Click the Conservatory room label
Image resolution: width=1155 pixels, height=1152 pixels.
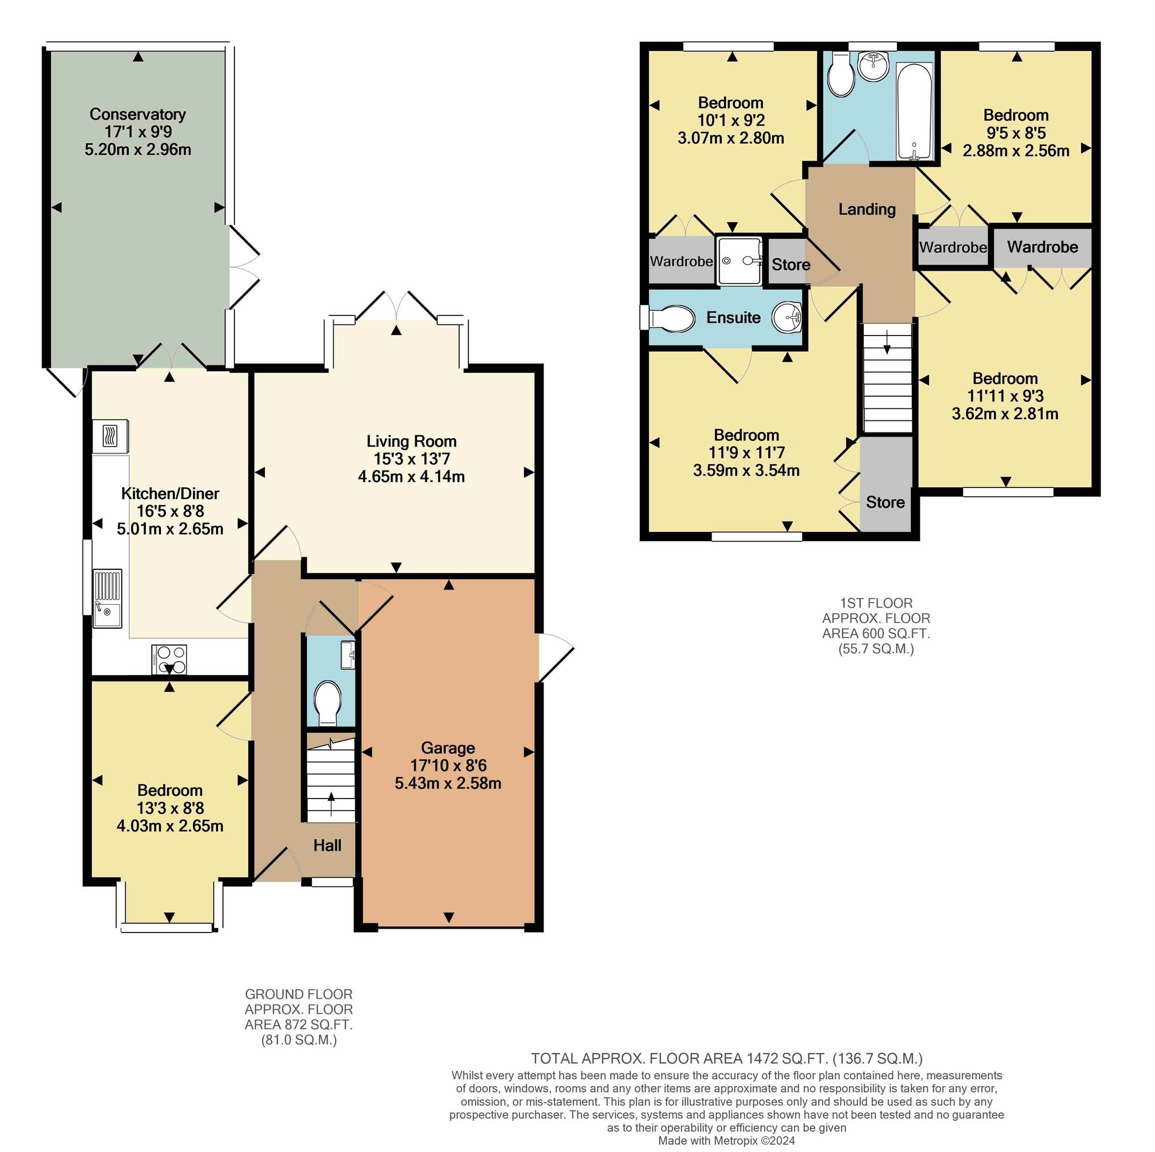(x=137, y=114)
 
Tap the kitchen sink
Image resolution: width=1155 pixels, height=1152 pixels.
(x=107, y=598)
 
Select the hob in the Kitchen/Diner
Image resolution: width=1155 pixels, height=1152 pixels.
(x=169, y=660)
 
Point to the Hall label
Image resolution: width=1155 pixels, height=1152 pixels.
(x=327, y=845)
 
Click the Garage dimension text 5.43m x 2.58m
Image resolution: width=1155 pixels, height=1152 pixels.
(x=448, y=783)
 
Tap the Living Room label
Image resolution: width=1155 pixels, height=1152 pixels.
(x=411, y=442)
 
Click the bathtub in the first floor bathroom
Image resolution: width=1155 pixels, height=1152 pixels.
(x=914, y=112)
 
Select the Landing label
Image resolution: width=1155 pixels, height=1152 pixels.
(x=867, y=209)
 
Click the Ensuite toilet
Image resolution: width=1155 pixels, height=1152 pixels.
(x=669, y=318)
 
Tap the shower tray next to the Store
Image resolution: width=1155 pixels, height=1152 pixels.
(x=740, y=260)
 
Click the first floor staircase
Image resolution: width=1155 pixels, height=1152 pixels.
(x=887, y=378)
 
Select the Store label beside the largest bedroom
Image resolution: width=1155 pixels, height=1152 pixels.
(x=885, y=502)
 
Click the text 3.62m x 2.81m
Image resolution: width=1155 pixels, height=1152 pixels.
(x=1005, y=413)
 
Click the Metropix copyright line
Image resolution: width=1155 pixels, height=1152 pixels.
(x=726, y=1140)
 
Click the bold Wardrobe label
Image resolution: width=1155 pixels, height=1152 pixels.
(x=1042, y=247)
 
